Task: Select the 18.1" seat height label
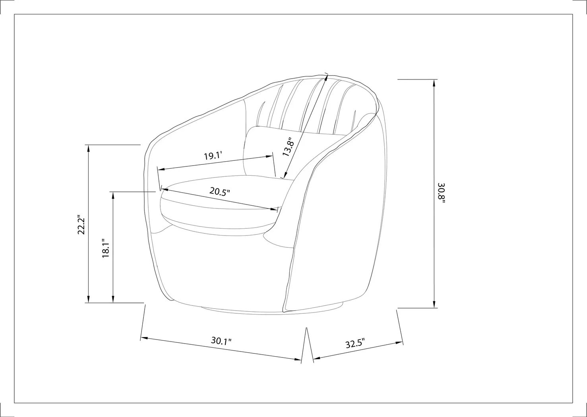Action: point(106,249)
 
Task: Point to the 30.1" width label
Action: point(221,341)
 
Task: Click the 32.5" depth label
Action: point(355,344)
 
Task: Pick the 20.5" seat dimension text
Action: point(220,192)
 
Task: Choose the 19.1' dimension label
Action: point(212,156)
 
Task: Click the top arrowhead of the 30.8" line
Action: point(434,82)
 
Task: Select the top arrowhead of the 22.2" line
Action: point(88,148)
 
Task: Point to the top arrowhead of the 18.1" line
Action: point(113,194)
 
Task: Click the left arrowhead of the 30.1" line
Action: point(144,338)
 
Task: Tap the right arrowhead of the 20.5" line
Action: point(275,209)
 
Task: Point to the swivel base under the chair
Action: point(274,311)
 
